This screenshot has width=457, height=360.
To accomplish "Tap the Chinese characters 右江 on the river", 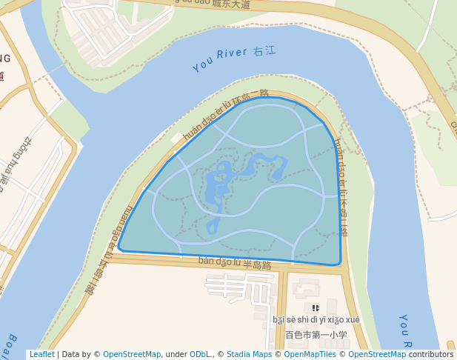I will (264, 51).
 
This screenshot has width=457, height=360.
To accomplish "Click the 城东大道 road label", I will (230, 4).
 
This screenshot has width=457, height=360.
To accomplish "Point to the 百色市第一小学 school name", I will (316, 335).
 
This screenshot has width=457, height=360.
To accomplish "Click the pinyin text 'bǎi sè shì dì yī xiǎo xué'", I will (316, 320).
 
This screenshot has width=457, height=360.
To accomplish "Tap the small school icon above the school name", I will (316, 307).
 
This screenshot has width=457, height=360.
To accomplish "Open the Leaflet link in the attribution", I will (41, 354).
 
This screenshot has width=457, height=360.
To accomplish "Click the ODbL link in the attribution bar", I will (199, 354).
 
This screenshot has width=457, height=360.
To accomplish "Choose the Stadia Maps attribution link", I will (249, 354).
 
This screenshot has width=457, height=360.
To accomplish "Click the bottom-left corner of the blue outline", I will (120, 249).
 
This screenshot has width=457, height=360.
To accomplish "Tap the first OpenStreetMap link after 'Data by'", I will (132, 354).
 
